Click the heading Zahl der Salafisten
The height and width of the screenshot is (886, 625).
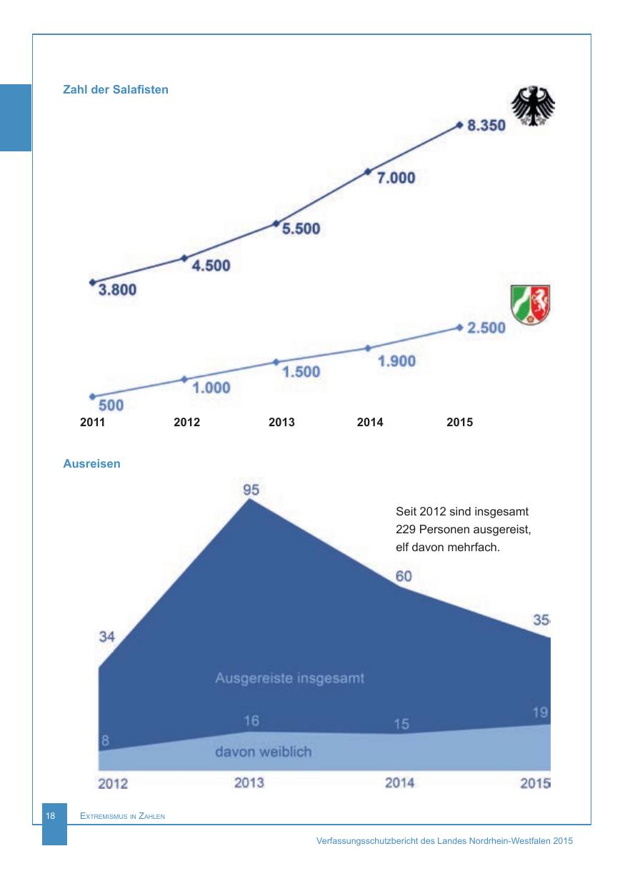116,91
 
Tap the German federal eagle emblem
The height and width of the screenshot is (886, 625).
536,107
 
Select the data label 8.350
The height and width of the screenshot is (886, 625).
486,126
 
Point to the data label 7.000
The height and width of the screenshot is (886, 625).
396,178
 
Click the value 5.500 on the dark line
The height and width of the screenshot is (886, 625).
301,230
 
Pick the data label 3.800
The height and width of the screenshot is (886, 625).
117,290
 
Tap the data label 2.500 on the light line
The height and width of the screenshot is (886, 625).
486,328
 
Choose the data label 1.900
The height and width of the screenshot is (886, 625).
396,361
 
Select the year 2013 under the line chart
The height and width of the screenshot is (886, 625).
281,423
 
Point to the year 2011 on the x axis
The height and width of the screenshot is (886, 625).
93,423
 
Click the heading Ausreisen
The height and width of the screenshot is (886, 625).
92,464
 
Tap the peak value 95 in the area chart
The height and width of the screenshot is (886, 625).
251,490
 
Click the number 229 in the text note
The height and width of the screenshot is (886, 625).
407,530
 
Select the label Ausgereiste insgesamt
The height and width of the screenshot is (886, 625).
289,678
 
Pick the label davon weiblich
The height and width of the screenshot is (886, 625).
264,752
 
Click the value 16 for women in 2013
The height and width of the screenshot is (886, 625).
251,721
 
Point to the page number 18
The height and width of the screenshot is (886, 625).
51,816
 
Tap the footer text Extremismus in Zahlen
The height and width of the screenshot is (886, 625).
123,817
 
